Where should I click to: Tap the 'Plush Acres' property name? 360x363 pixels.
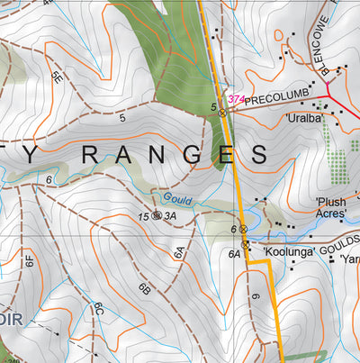click(x=330, y=208)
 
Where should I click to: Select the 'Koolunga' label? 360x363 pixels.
click(x=290, y=252)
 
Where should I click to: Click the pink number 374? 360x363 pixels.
click(x=236, y=99)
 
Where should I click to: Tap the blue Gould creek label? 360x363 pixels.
click(x=177, y=201)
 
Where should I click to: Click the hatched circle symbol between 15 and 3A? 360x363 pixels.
click(x=157, y=216)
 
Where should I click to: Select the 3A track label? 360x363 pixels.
click(x=170, y=217)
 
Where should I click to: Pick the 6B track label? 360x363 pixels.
click(x=143, y=289)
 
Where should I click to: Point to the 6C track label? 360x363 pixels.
click(x=99, y=312)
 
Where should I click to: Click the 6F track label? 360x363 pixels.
click(x=29, y=262)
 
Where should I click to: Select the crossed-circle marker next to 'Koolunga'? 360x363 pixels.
click(x=246, y=244)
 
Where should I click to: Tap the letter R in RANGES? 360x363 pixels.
click(x=83, y=154)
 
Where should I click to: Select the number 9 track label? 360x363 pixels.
click(x=256, y=296)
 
